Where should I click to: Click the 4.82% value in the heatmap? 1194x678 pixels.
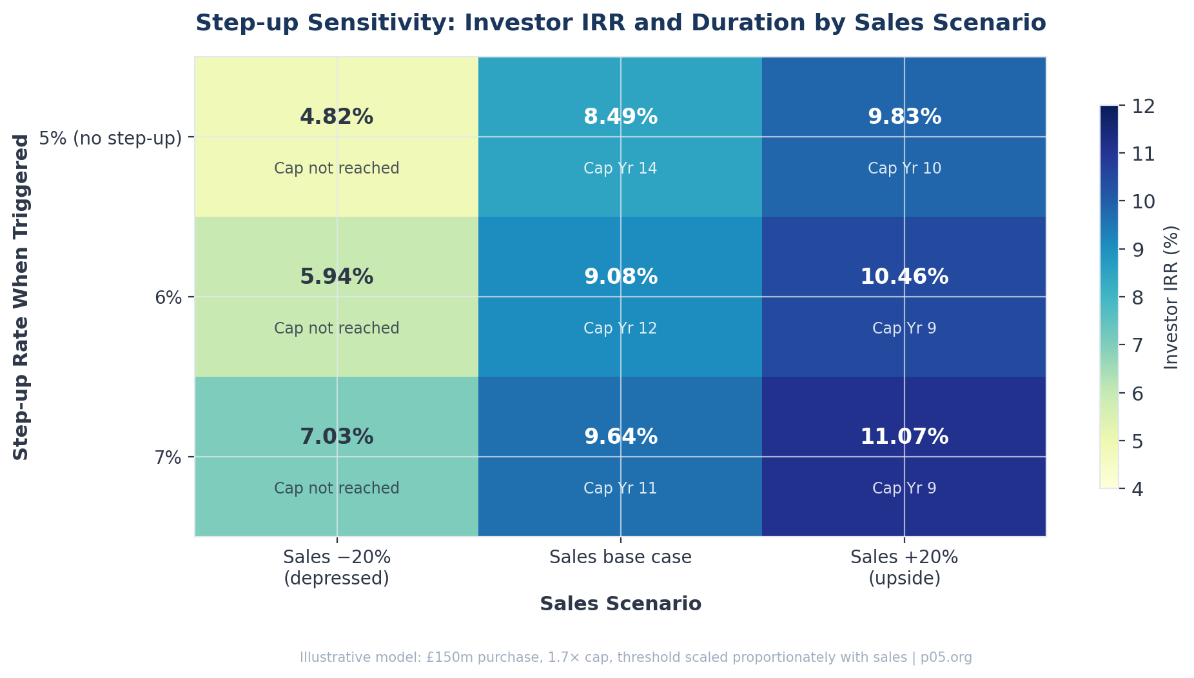[337, 117]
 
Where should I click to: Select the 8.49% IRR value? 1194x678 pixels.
[620, 117]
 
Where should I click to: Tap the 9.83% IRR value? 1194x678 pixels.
[904, 117]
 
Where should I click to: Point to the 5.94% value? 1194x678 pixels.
[337, 277]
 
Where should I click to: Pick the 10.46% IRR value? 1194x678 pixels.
[904, 277]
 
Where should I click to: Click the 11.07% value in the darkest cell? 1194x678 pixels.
[904, 437]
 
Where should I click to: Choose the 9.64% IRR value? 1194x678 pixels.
[620, 437]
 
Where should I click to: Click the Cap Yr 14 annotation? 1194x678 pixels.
[620, 168]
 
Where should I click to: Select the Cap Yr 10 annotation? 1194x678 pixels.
[904, 168]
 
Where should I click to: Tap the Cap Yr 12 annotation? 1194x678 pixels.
[620, 328]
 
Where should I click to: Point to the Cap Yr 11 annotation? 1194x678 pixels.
[620, 488]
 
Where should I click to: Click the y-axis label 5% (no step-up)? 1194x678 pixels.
[110, 138]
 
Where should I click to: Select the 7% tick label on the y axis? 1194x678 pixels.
[170, 458]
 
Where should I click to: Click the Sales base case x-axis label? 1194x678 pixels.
[620, 557]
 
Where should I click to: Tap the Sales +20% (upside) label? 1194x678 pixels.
[904, 568]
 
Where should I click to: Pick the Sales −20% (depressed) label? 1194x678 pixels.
[337, 568]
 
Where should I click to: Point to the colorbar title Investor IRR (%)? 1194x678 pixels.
[1171, 297]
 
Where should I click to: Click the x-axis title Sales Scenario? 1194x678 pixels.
[620, 604]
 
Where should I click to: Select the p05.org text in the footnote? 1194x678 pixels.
[946, 658]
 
